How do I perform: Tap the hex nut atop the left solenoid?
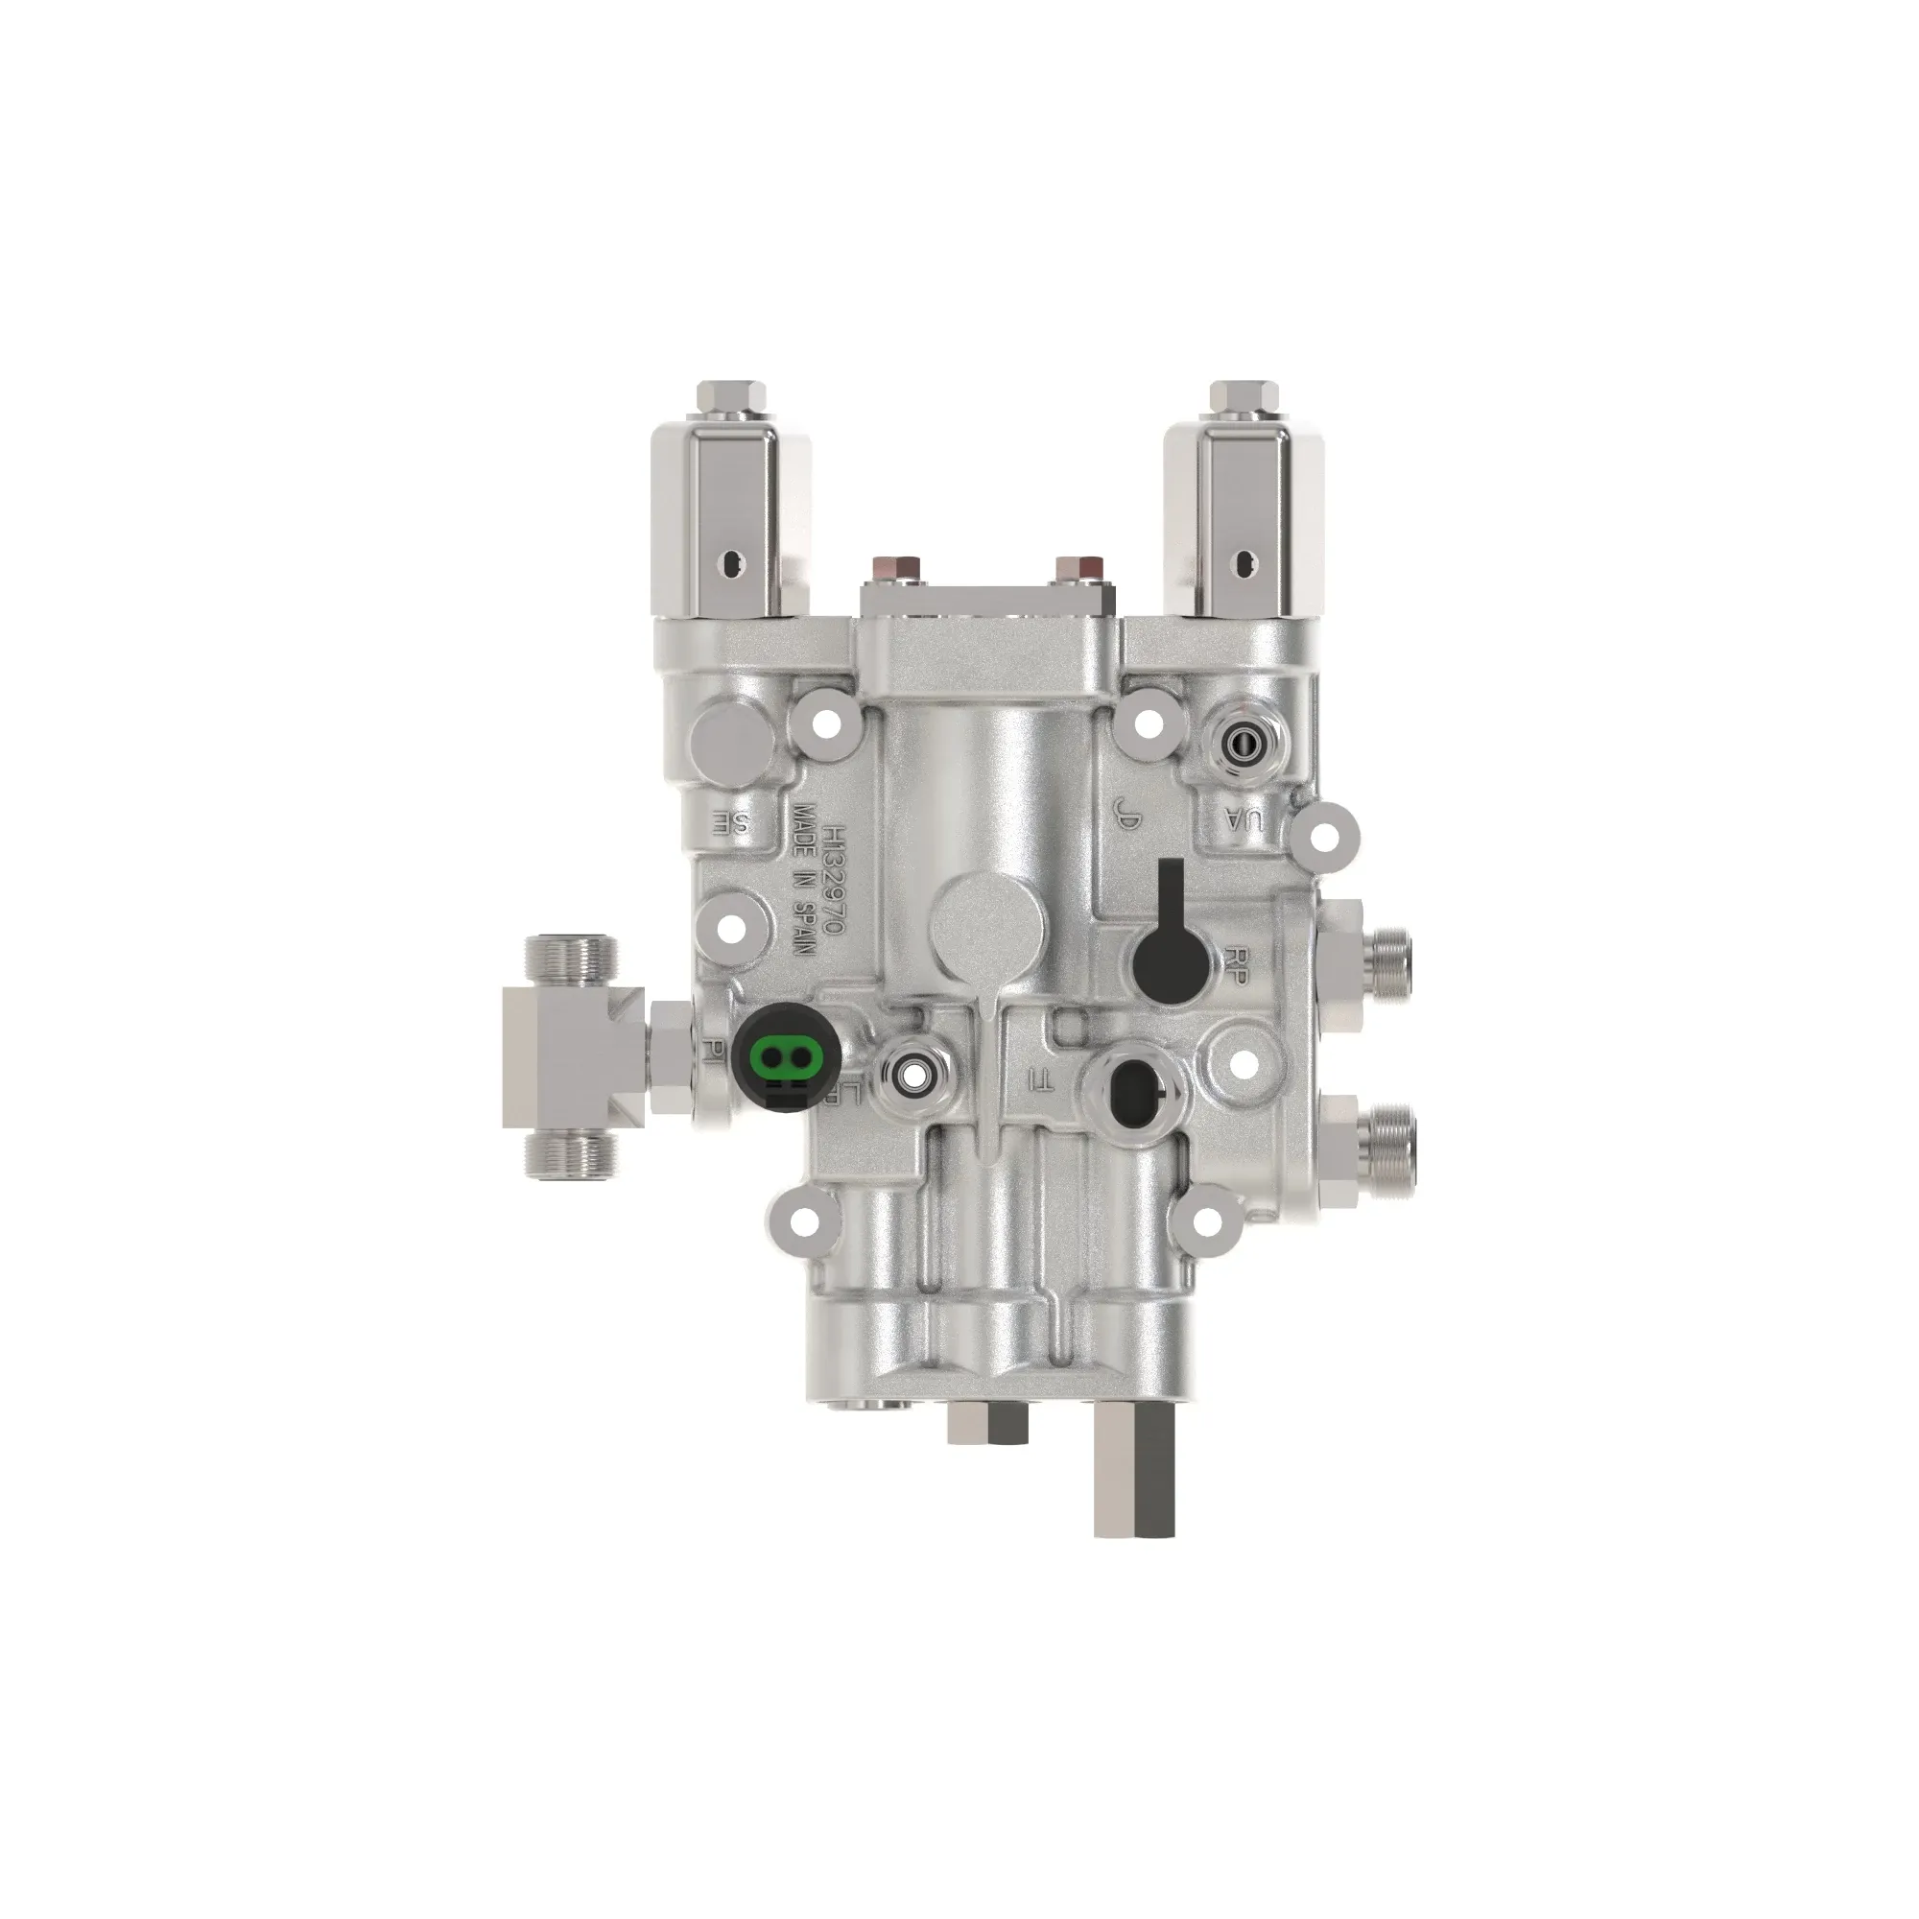click(733, 399)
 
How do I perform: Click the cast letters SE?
click(728, 820)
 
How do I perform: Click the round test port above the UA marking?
click(1239, 741)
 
